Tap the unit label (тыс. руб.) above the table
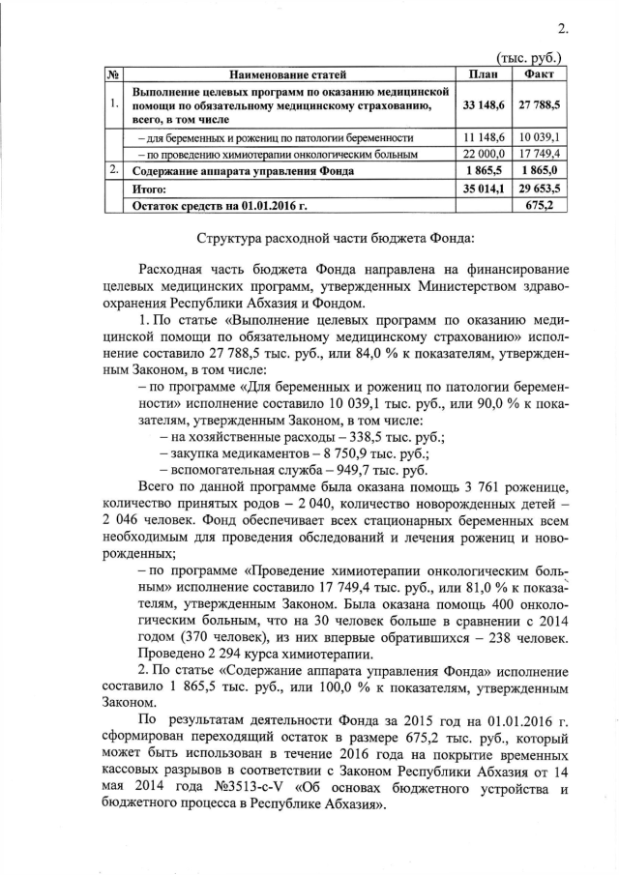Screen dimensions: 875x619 point(531,59)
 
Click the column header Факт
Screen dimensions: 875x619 point(538,73)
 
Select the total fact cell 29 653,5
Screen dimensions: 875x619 point(538,190)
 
